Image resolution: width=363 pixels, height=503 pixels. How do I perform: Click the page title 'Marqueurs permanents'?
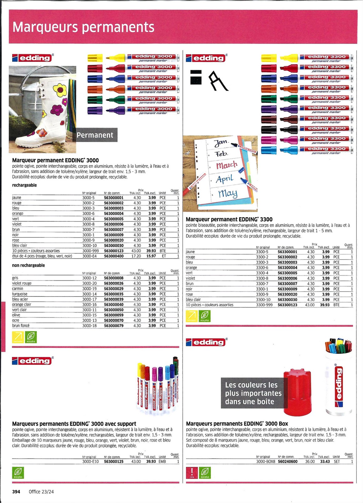pyautogui.click(x=83, y=27)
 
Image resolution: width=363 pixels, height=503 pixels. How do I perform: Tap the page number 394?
pyautogui.click(x=16, y=491)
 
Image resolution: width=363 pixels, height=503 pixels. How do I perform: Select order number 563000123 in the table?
pyautogui.click(x=114, y=251)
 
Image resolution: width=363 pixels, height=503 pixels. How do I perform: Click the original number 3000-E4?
pyautogui.click(x=89, y=256)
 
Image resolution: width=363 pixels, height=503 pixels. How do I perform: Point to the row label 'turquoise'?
pyautogui.click(x=20, y=294)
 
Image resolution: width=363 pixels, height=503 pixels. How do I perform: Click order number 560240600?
pyautogui.click(x=288, y=461)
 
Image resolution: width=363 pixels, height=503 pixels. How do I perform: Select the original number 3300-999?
pyautogui.click(x=264, y=305)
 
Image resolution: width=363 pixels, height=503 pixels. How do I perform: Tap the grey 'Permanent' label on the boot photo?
pyautogui.click(x=95, y=135)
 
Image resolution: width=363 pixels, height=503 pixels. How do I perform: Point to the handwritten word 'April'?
pyautogui.click(x=225, y=179)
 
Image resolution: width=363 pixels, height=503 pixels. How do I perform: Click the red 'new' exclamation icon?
pyautogui.click(x=192, y=472)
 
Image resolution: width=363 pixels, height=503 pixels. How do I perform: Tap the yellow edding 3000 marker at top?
pyautogui.click(x=133, y=58)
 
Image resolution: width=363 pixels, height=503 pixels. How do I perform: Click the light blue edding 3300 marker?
pyautogui.click(x=307, y=150)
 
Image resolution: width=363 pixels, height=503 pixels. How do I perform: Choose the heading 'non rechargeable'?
pyautogui.click(x=28, y=265)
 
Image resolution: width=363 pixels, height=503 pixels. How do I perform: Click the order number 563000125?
pyautogui.click(x=114, y=461)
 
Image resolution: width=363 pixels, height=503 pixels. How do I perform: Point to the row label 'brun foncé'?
pyautogui.click(x=21, y=326)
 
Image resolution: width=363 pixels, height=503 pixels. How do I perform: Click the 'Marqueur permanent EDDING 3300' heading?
pyautogui.click(x=229, y=219)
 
